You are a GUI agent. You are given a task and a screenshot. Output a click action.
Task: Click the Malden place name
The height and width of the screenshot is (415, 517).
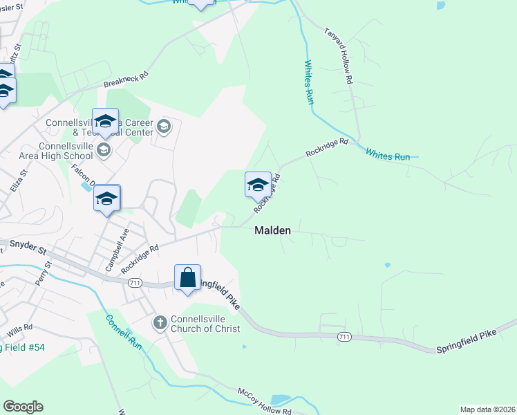272,231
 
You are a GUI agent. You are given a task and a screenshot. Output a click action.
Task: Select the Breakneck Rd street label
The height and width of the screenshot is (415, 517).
126,79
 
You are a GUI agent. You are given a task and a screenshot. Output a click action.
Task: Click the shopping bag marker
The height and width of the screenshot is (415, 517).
187,278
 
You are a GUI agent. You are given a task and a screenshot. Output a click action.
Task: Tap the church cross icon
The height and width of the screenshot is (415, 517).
160,322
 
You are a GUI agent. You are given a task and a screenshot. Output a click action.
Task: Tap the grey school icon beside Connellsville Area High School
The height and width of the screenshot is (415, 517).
103,150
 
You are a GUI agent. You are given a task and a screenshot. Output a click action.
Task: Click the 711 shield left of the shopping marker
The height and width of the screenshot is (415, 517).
135,282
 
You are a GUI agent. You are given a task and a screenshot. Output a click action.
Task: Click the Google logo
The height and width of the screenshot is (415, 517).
23,407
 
